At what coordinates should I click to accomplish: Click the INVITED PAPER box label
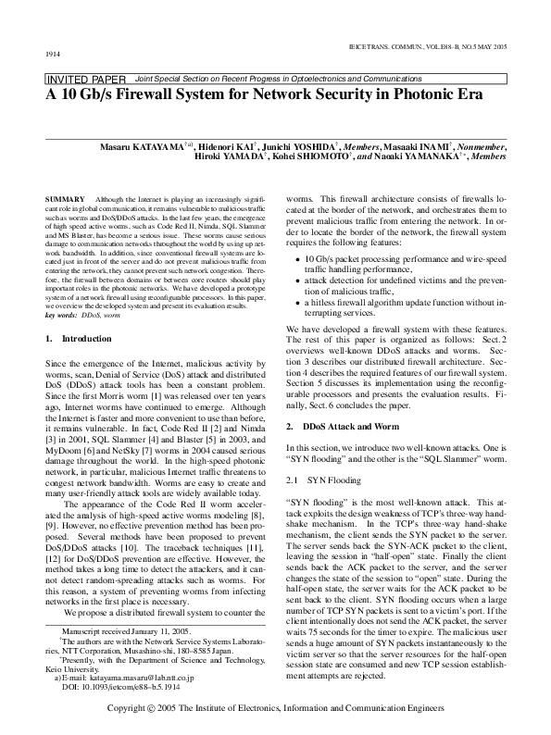pos(87,80)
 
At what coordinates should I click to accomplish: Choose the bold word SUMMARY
pos(64,200)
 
